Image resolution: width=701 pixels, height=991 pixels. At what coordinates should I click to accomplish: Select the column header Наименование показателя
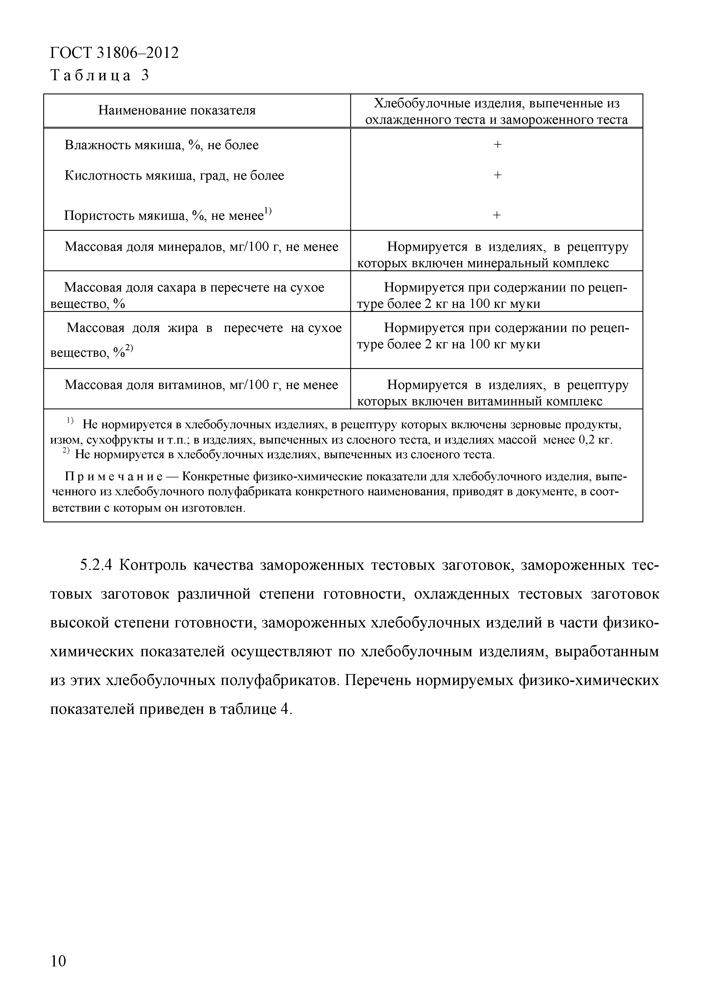(177, 110)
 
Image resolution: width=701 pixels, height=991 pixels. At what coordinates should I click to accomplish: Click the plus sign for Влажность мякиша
(497, 145)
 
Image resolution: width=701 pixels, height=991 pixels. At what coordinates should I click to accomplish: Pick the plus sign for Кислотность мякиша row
(497, 175)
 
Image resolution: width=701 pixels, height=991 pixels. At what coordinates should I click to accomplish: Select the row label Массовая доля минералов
(201, 247)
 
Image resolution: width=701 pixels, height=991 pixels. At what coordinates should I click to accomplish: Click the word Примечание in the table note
(114, 477)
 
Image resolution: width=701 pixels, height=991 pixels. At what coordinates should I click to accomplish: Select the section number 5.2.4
(96, 564)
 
